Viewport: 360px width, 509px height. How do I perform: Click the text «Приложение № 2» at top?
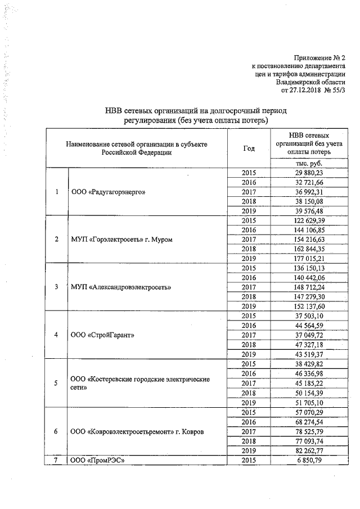click(x=318, y=58)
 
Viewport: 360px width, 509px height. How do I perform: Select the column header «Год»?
click(x=249, y=148)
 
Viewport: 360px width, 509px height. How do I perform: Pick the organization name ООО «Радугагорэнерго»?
click(x=109, y=192)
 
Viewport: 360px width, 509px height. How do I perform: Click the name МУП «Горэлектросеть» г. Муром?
click(x=121, y=240)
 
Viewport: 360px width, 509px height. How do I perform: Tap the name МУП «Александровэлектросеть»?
click(x=121, y=287)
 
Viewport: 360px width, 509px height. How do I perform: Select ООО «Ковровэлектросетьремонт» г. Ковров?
click(x=137, y=431)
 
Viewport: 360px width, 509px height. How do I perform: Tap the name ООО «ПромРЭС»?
click(x=97, y=461)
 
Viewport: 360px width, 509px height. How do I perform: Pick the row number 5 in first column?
click(x=56, y=383)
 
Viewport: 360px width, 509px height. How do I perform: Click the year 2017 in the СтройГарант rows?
click(x=249, y=335)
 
